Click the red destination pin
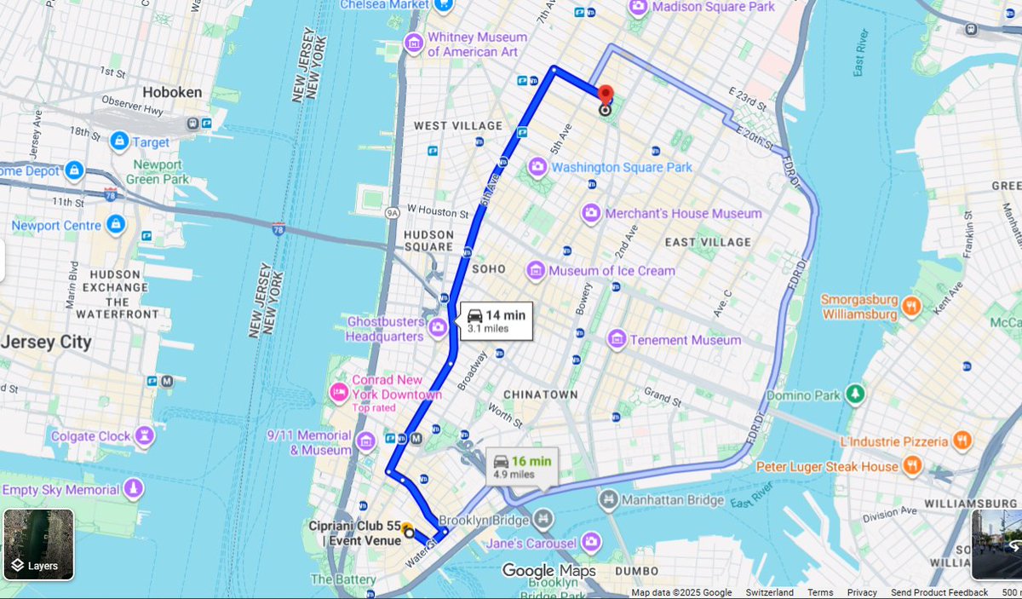click(606, 95)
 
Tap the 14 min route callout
click(497, 320)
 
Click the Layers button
click(38, 544)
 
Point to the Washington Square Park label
click(622, 167)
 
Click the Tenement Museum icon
click(617, 340)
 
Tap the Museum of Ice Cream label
click(611, 271)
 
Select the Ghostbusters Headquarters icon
click(439, 327)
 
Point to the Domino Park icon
click(853, 395)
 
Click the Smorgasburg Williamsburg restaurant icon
click(911, 306)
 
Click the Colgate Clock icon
click(147, 436)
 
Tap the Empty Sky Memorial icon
click(133, 489)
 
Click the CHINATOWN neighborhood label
click(540, 395)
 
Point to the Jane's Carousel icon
click(589, 543)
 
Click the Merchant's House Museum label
click(683, 213)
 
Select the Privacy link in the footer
click(862, 592)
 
